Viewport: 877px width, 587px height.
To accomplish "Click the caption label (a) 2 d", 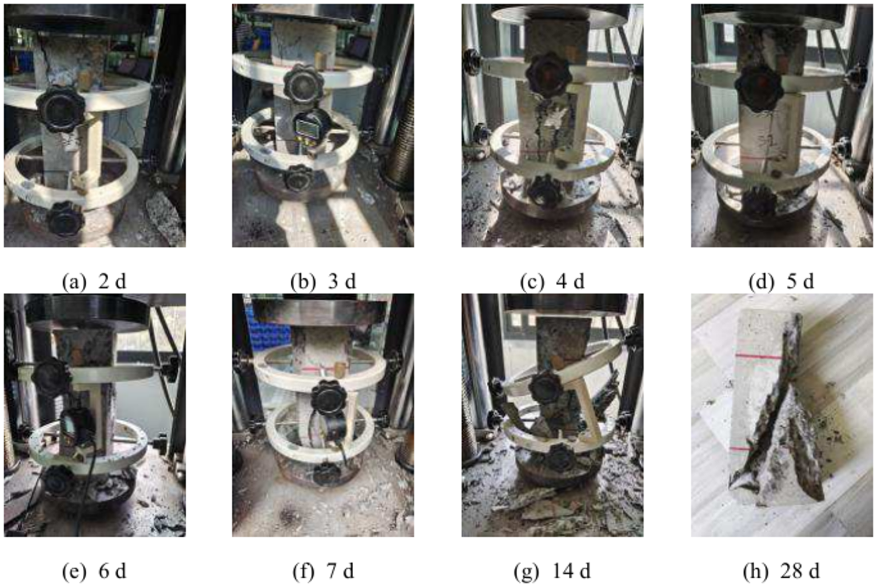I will pos(94,282).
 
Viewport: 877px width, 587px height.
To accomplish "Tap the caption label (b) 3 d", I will pos(323,282).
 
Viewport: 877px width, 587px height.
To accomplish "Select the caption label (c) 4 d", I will pos(552,282).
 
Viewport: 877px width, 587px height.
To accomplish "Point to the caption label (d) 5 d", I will pos(781,282).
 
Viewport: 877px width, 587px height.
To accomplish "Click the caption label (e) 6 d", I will pos(94,570).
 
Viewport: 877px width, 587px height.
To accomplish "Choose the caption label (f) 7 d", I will pos(323,570).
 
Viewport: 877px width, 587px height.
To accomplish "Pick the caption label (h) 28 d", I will pos(781,570).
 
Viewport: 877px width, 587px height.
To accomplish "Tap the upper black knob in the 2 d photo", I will pos(60,108).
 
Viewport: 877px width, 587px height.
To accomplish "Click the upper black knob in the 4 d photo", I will pos(548,74).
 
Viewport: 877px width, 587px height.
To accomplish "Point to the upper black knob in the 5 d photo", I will pos(758,87).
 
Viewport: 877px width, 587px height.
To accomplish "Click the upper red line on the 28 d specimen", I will pos(758,357).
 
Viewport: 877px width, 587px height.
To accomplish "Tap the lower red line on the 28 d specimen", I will pos(741,449).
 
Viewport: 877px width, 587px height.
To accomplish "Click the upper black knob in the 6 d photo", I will pos(51,375).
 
